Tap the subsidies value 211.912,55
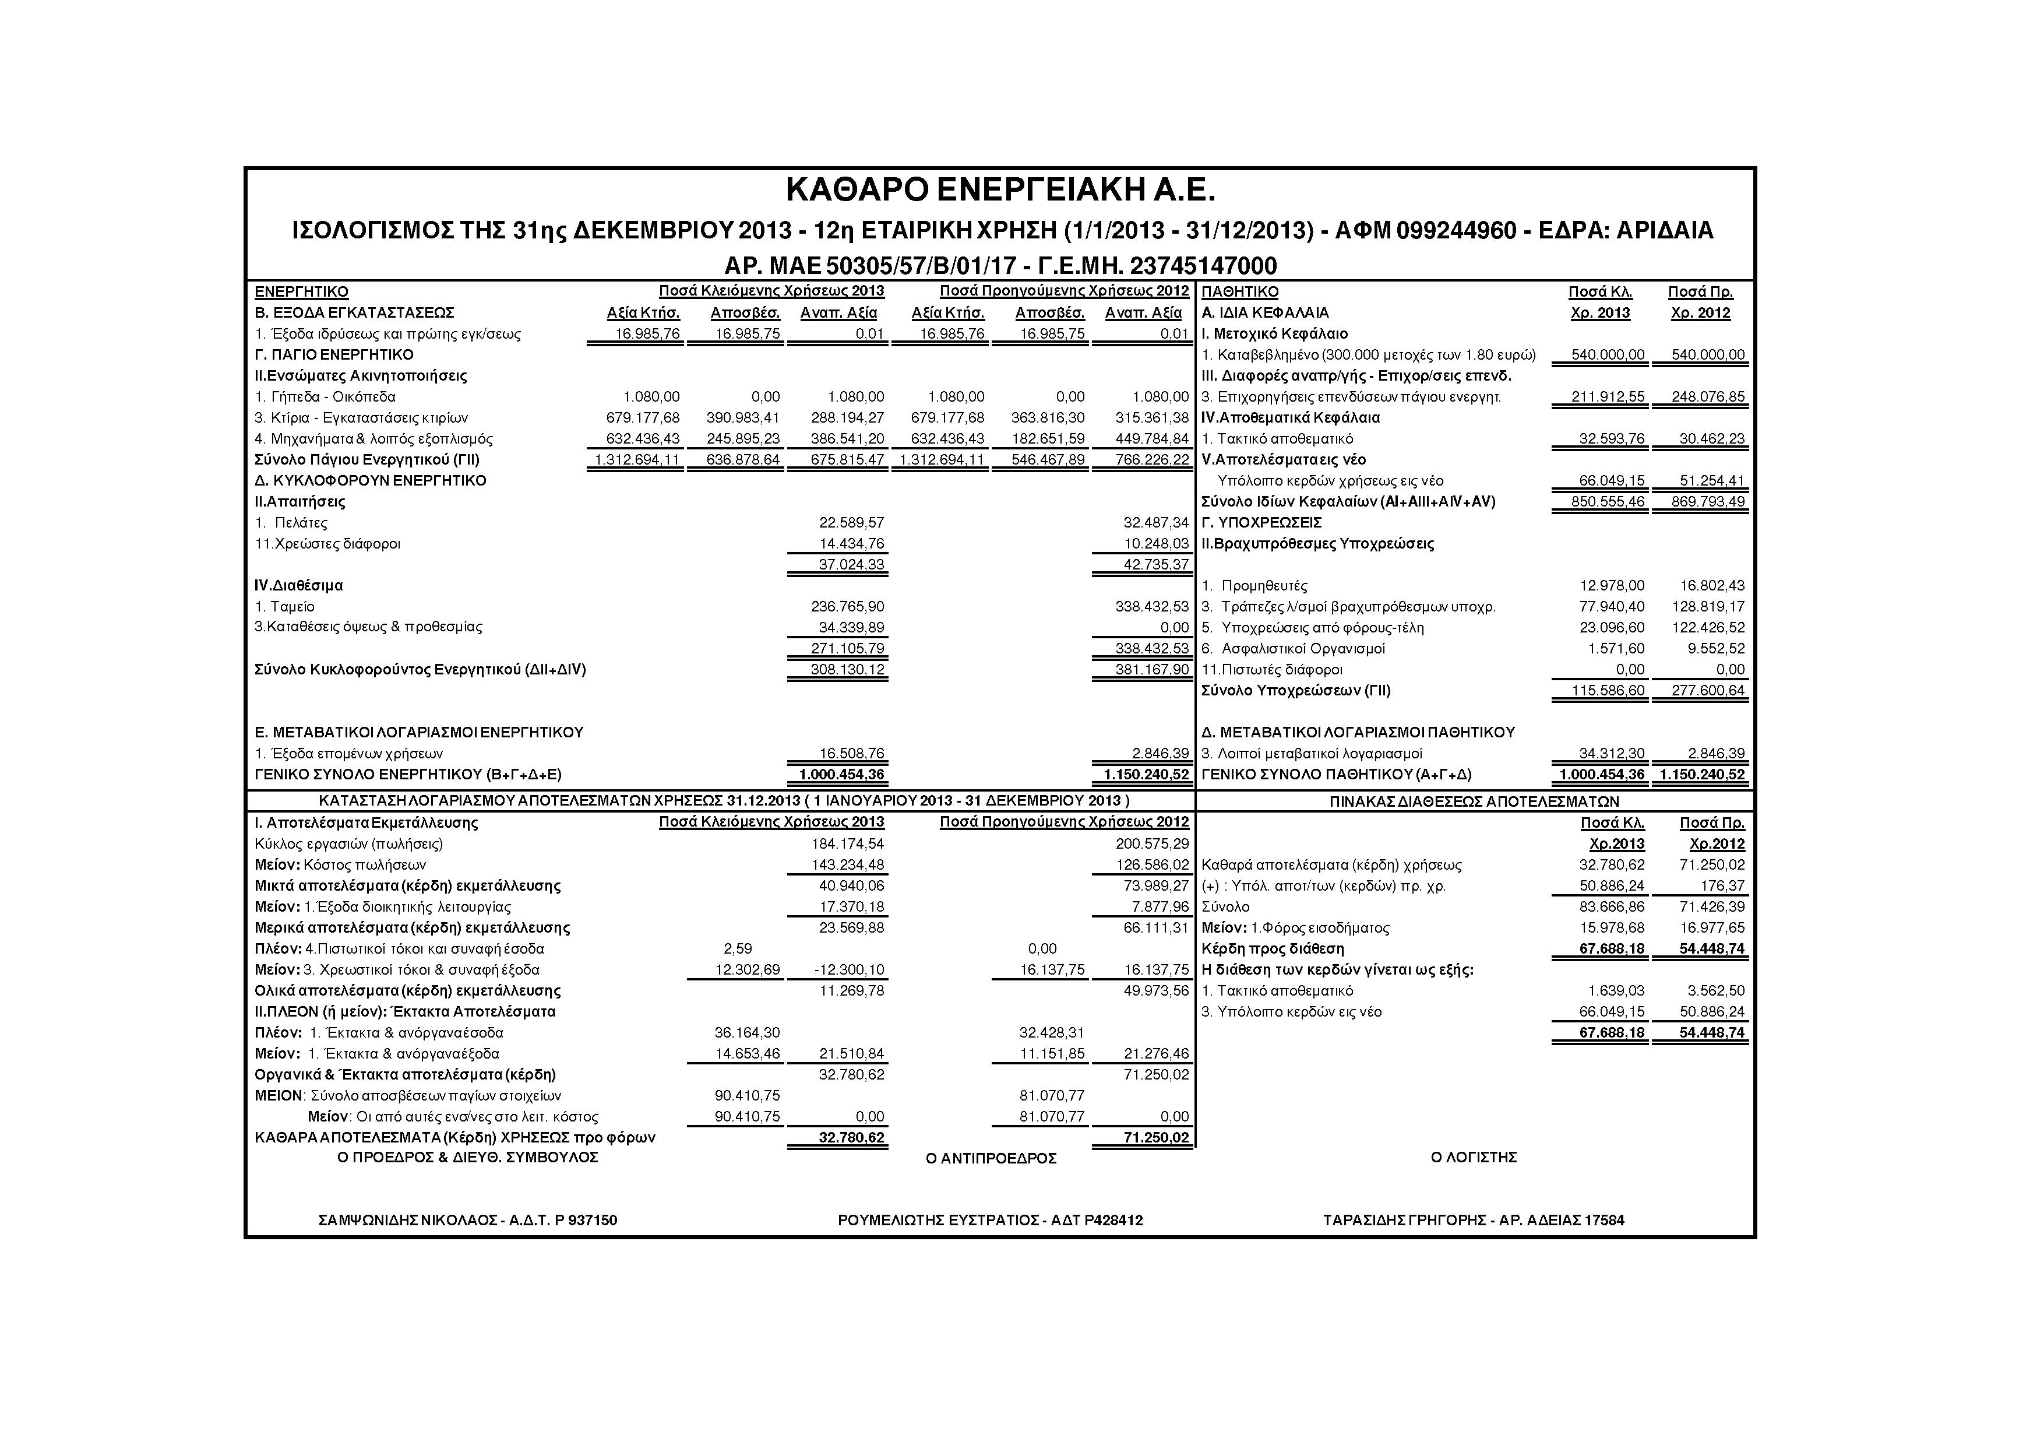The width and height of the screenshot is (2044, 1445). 1607,397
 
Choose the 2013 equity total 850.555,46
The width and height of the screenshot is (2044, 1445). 1607,502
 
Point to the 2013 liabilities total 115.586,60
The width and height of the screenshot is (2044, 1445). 1607,691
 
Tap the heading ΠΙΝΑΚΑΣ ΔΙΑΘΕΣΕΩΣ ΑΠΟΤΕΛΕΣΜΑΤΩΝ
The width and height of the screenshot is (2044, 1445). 1474,801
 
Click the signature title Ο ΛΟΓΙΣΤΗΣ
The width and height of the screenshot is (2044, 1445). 1474,1158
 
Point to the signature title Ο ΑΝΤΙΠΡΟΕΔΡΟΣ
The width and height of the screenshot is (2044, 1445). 991,1158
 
